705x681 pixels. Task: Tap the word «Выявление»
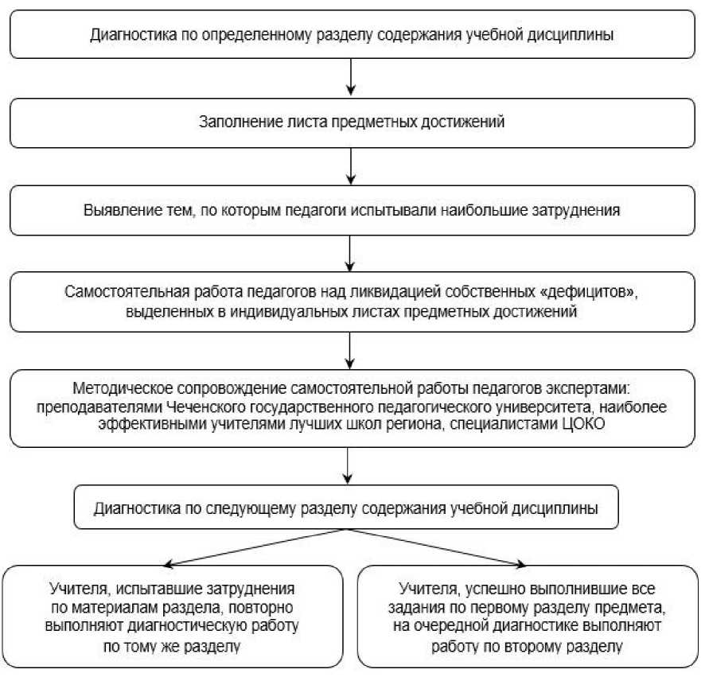[x=115, y=212]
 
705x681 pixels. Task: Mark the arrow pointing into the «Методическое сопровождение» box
[x=350, y=350]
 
